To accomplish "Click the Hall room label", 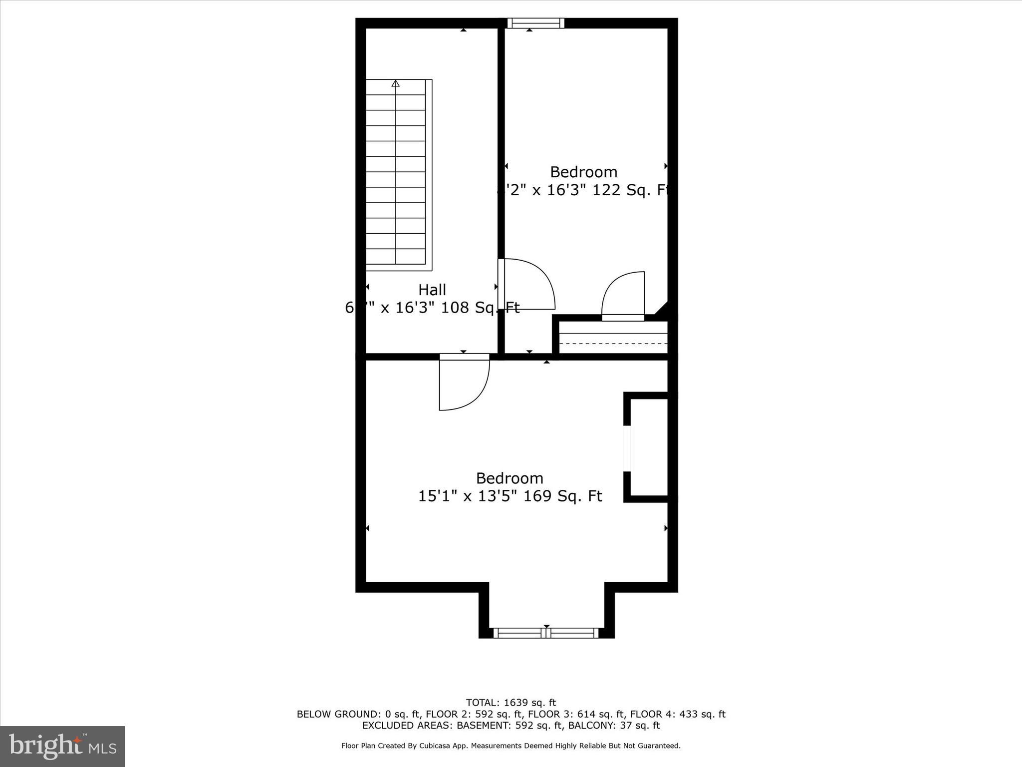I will tap(432, 290).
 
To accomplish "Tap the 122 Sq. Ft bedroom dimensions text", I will tap(584, 190).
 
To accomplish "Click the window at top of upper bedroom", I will tap(535, 23).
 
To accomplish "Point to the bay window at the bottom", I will tap(546, 633).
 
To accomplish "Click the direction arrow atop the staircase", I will tap(396, 84).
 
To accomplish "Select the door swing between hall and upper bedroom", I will tap(528, 284).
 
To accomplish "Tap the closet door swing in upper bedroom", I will tap(624, 296).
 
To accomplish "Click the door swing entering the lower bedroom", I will tap(464, 383).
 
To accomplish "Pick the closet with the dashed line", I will tap(613, 338).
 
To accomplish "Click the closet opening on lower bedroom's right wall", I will tap(627, 448).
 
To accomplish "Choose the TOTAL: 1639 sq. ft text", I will tap(511, 703).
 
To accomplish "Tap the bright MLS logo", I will tap(62, 746).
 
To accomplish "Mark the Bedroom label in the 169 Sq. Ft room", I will tap(510, 478).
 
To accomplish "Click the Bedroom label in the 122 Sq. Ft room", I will tap(584, 172).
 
